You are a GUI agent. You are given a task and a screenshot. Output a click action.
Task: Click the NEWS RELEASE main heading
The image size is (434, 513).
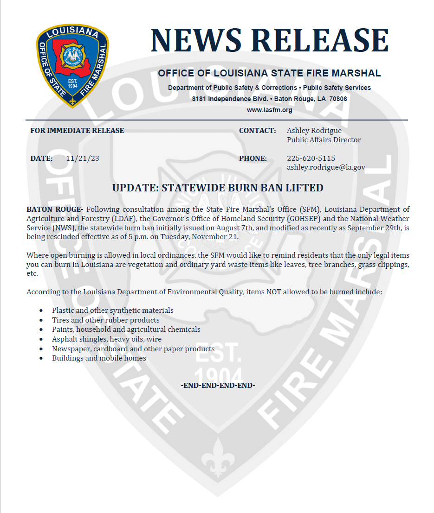[269, 40]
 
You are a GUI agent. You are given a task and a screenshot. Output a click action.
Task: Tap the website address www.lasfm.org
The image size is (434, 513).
[269, 110]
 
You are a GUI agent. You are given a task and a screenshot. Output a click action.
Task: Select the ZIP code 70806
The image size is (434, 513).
[338, 99]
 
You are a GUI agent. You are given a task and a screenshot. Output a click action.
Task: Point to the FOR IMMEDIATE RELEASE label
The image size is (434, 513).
[77, 131]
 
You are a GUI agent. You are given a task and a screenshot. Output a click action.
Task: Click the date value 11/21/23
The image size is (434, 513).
[83, 158]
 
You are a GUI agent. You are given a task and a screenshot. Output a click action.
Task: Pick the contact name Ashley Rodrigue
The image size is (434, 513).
[314, 131]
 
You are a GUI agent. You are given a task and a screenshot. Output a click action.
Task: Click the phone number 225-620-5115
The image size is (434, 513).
[311, 158]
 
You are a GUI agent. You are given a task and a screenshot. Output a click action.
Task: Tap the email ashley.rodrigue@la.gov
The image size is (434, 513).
[326, 167]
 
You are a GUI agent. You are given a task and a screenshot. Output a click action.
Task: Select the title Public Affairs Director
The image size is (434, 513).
[324, 140]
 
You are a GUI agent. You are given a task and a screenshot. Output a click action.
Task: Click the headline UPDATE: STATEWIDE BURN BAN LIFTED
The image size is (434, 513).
[218, 188]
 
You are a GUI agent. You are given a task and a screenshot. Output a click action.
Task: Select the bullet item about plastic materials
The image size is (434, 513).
[113, 310]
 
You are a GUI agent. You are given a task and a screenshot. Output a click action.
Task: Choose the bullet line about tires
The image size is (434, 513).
[106, 320]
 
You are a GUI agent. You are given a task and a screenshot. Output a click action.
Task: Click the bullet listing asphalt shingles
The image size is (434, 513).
[107, 339]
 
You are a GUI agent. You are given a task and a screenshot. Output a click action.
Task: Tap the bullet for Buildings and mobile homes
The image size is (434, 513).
[99, 358]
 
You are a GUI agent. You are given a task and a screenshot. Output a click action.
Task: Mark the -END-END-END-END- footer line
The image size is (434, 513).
[218, 386]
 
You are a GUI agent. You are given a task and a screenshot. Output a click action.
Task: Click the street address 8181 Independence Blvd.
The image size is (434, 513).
[231, 99]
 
